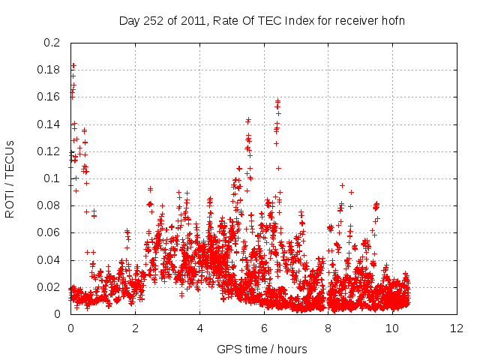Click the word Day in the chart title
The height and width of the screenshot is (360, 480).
[129, 20]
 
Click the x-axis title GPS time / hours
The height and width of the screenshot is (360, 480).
[262, 349]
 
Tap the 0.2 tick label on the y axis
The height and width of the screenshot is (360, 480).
[52, 43]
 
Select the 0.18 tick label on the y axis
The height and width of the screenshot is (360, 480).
[49, 70]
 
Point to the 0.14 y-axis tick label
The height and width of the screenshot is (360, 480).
[49, 124]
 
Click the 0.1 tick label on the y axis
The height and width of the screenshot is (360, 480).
[52, 178]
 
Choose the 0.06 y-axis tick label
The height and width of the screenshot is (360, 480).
[49, 233]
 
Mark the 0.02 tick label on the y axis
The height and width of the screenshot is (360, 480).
[49, 287]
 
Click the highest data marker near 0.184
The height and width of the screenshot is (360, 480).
[73, 65]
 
